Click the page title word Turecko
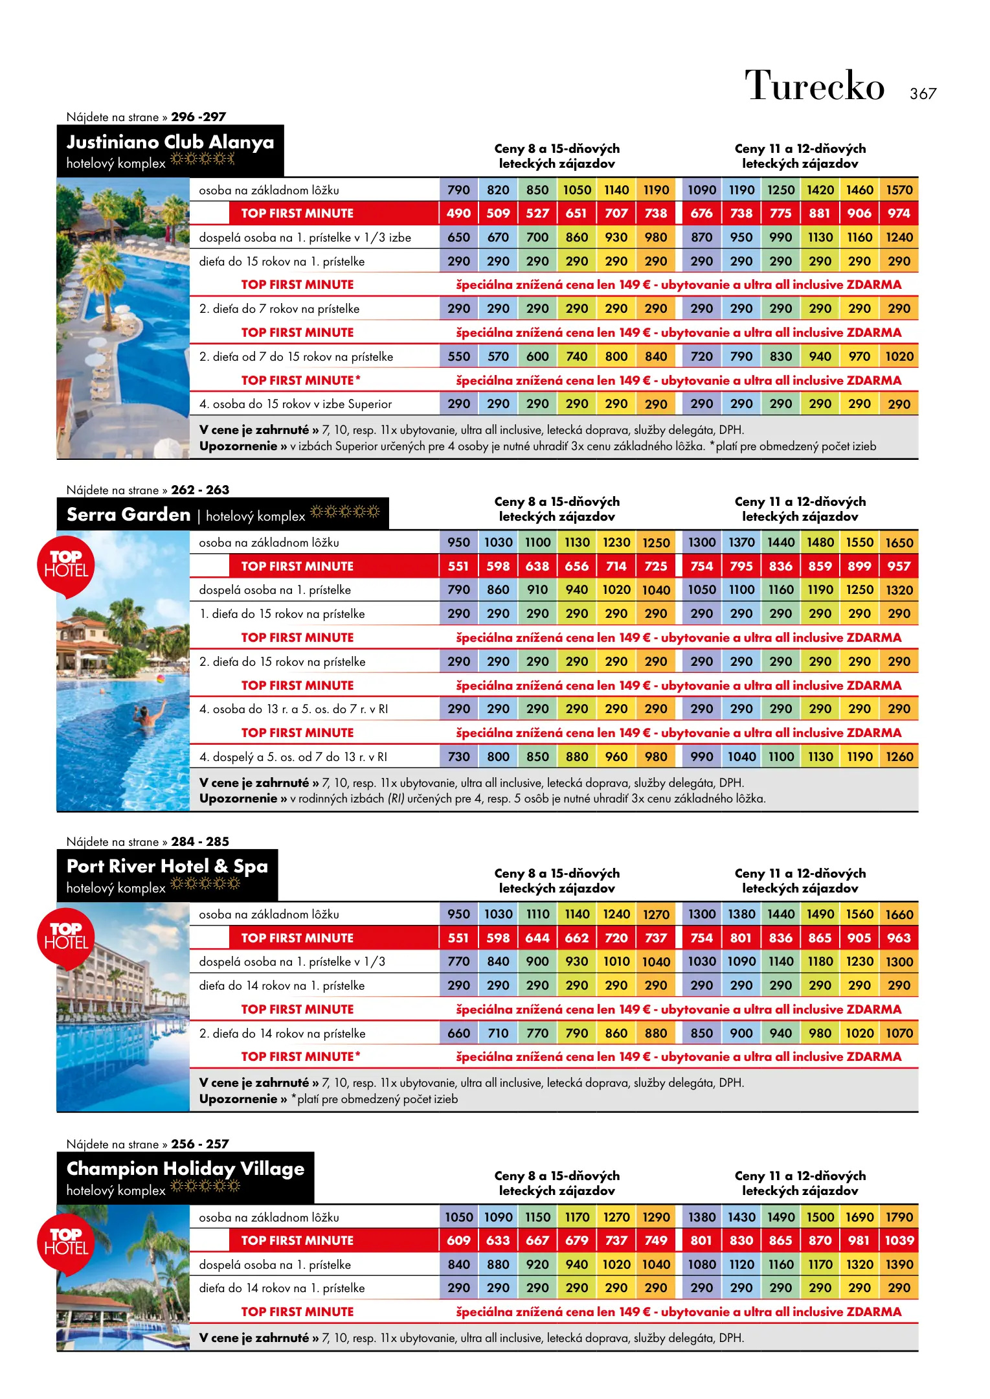(814, 85)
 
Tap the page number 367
(923, 94)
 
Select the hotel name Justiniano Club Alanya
(170, 142)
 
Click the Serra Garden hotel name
(129, 514)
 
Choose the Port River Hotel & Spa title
(167, 866)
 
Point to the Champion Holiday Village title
(185, 1168)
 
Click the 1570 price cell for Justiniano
(899, 190)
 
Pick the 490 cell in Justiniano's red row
(458, 213)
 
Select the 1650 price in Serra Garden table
(899, 543)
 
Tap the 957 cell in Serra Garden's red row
(899, 566)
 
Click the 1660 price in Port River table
(899, 915)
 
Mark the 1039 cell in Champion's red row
(899, 1240)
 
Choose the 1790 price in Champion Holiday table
(899, 1217)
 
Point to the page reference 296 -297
(198, 117)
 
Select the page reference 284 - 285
(199, 841)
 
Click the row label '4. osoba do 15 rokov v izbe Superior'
(295, 404)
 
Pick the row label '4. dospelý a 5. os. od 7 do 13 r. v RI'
(293, 756)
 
